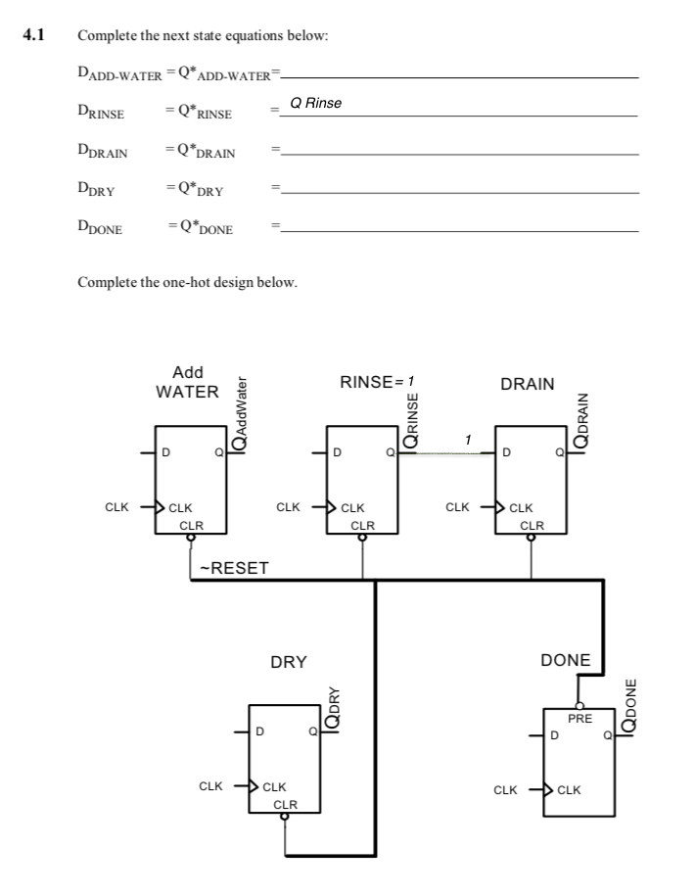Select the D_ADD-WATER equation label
point(114,74)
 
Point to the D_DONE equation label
point(100,229)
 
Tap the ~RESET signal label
point(234,568)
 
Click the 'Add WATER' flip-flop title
point(187,382)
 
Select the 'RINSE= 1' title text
point(378,381)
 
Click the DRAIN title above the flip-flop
point(528,384)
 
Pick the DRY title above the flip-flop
point(289,662)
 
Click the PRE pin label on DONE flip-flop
point(579,719)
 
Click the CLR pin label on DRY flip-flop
point(285,804)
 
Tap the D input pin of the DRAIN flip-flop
point(507,453)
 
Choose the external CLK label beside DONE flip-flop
point(505,788)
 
